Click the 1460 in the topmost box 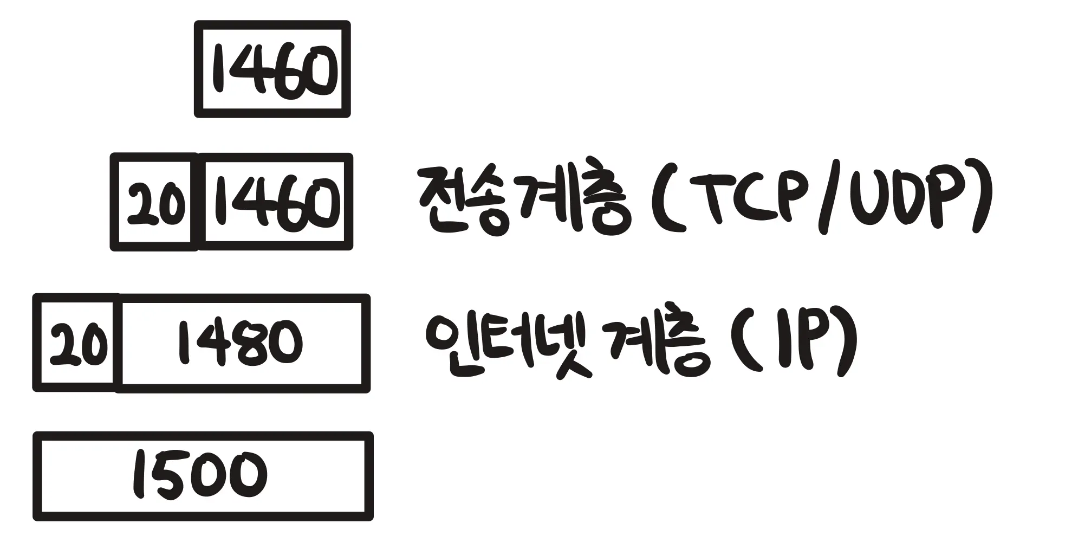pos(274,69)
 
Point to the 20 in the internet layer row pos(76,344)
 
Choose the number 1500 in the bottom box pos(200,476)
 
